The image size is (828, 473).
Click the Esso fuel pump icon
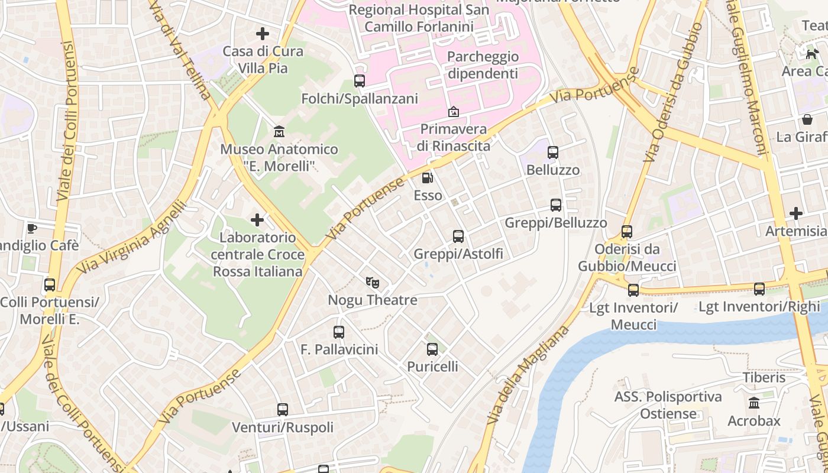[x=426, y=177]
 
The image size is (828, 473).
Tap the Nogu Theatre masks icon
[x=372, y=282]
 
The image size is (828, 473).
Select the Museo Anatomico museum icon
[x=279, y=131]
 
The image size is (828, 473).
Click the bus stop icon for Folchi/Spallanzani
[x=359, y=81]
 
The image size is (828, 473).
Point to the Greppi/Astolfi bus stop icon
[x=458, y=237]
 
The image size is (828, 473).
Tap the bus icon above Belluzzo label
[x=553, y=153]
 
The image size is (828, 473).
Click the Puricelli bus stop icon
[x=432, y=349]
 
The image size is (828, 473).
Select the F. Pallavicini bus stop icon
[x=339, y=332]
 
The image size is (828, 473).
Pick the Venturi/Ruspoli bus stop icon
[x=283, y=409]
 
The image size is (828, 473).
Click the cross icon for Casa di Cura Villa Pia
[x=263, y=34]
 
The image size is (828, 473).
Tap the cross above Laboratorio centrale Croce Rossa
[x=257, y=220]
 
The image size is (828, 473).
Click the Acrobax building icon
[x=754, y=403]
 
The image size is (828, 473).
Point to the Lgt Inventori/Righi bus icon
[x=759, y=289]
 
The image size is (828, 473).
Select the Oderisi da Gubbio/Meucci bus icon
[x=627, y=232]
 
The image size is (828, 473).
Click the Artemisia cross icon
[x=796, y=213]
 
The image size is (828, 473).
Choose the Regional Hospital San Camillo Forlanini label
[x=419, y=18]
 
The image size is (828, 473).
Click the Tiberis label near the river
[x=764, y=377]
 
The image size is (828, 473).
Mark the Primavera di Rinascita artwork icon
[x=453, y=112]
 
